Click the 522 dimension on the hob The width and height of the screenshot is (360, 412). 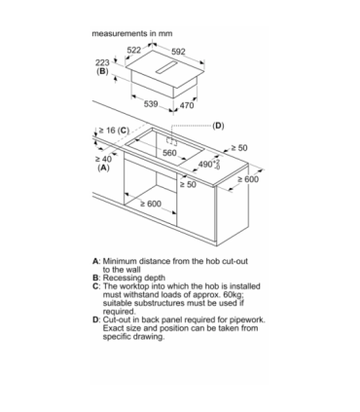point(134,50)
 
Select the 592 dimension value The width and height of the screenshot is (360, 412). point(178,52)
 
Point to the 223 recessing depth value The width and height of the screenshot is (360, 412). point(102,62)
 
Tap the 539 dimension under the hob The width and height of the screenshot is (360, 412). point(151,104)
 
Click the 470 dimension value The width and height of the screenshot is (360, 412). point(187,105)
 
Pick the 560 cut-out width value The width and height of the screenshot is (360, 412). point(169,153)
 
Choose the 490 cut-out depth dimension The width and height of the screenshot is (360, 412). point(209,165)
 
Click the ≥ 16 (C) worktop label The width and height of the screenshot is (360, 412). point(114,131)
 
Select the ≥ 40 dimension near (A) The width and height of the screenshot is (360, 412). point(103,159)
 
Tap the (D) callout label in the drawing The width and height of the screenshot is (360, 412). point(218,126)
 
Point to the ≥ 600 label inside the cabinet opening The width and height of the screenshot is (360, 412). point(151,204)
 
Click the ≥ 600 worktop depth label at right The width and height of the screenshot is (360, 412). point(248,179)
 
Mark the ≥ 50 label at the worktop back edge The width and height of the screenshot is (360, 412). point(239,148)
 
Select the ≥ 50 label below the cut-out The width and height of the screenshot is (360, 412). point(188,185)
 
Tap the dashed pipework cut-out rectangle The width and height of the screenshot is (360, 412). point(172,141)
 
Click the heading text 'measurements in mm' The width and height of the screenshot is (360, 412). point(132,33)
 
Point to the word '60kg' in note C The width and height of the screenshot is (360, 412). point(234,295)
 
